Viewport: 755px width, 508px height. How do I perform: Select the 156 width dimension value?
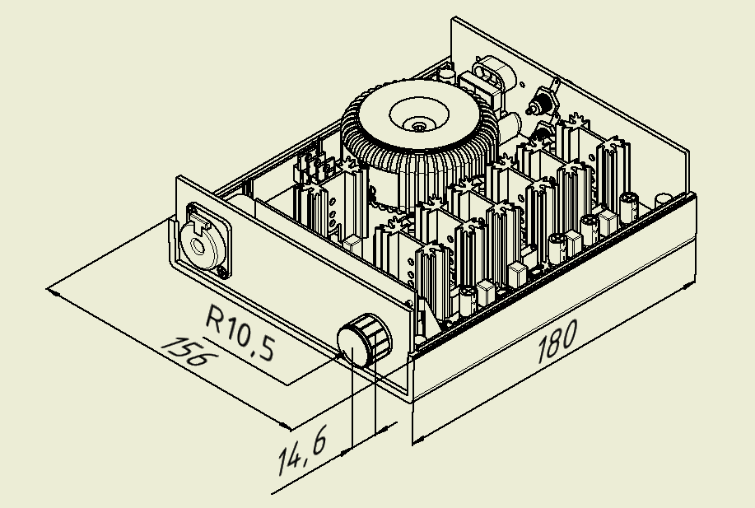tap(189, 352)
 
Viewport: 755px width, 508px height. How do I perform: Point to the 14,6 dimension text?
tap(302, 452)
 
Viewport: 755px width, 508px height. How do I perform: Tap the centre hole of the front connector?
tap(198, 244)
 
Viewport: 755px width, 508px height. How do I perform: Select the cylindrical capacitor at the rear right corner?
tap(662, 200)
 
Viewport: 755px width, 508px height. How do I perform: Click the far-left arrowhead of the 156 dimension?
tap(52, 291)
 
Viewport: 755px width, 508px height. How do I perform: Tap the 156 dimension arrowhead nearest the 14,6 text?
tap(287, 426)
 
